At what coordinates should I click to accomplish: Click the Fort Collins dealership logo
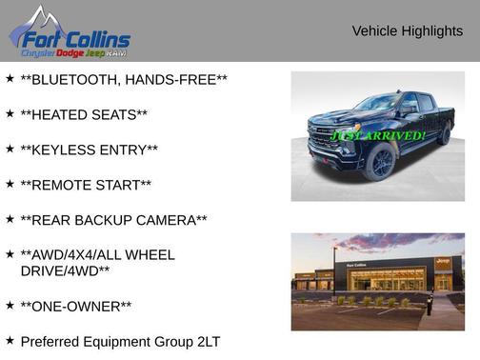tap(69, 33)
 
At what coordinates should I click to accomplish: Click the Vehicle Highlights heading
tap(407, 31)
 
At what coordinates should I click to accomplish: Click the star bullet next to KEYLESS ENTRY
tap(10, 149)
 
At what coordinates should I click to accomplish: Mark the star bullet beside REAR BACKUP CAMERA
tap(10, 219)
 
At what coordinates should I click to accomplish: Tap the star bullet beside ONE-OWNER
tap(10, 305)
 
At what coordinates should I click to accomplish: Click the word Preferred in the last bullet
tap(50, 341)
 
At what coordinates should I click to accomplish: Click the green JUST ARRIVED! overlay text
tap(378, 136)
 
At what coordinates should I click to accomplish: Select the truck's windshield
tap(375, 103)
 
